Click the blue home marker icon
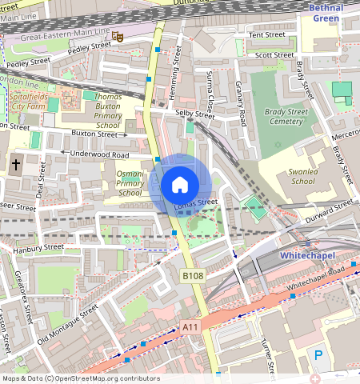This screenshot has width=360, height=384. coord(180,185)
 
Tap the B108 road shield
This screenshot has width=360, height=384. coord(192,276)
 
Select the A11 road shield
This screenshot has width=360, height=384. coord(190,327)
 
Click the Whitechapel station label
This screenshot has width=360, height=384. coord(310,255)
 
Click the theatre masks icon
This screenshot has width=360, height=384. coord(117,35)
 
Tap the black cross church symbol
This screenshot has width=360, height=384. coord(15,164)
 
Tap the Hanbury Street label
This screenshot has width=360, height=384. coord(38,248)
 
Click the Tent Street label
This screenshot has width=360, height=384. coord(267,35)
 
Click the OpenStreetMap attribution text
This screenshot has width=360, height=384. coord(80,378)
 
